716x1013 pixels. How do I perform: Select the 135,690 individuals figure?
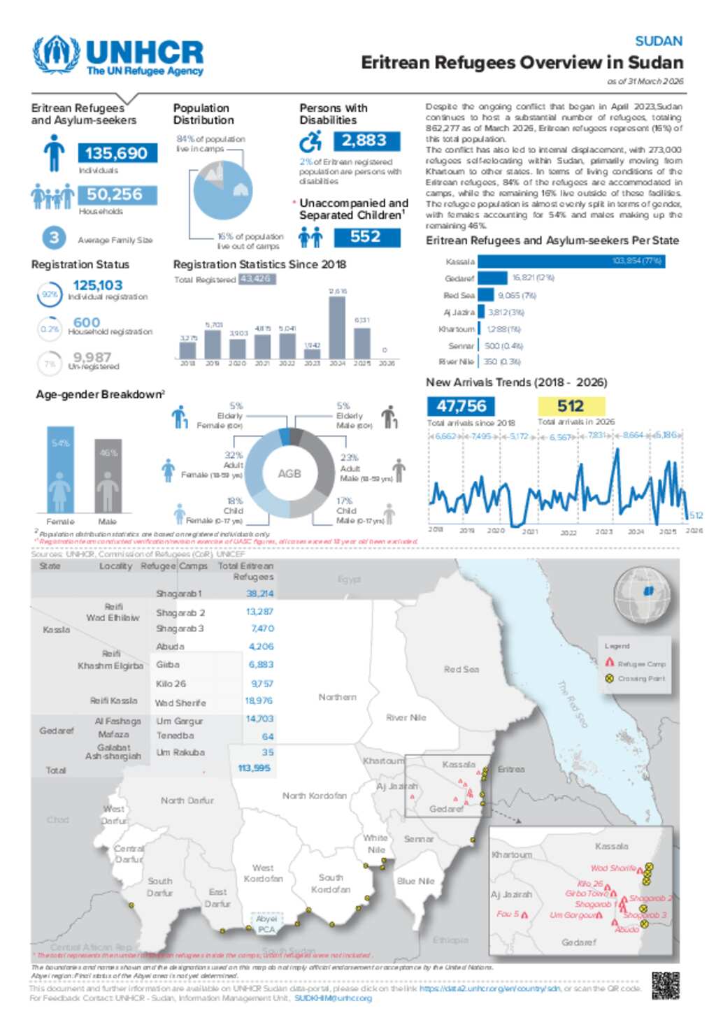pyautogui.click(x=117, y=153)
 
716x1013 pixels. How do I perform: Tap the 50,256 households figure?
pyautogui.click(x=115, y=194)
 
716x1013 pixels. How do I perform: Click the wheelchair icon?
pyautogui.click(x=310, y=142)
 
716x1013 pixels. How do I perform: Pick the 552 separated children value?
pyautogui.click(x=366, y=237)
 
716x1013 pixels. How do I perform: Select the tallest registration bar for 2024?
pyautogui.click(x=337, y=327)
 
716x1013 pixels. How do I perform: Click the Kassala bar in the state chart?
pyautogui.click(x=571, y=261)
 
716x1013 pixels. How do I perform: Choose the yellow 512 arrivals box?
pyautogui.click(x=571, y=405)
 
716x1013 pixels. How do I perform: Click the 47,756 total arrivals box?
pyautogui.click(x=461, y=405)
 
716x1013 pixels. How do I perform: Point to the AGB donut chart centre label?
pyautogui.click(x=289, y=473)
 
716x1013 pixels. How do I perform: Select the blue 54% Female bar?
pyautogui.click(x=60, y=469)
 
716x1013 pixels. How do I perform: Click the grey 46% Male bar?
pyautogui.click(x=108, y=475)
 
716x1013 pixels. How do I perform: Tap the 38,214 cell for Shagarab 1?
pyautogui.click(x=259, y=594)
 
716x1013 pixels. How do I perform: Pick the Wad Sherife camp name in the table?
pyautogui.click(x=180, y=703)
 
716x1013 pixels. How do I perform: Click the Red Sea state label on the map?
pyautogui.click(x=461, y=669)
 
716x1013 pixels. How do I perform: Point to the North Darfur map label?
pyautogui.click(x=187, y=800)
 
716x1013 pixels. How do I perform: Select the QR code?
pyautogui.click(x=665, y=985)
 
